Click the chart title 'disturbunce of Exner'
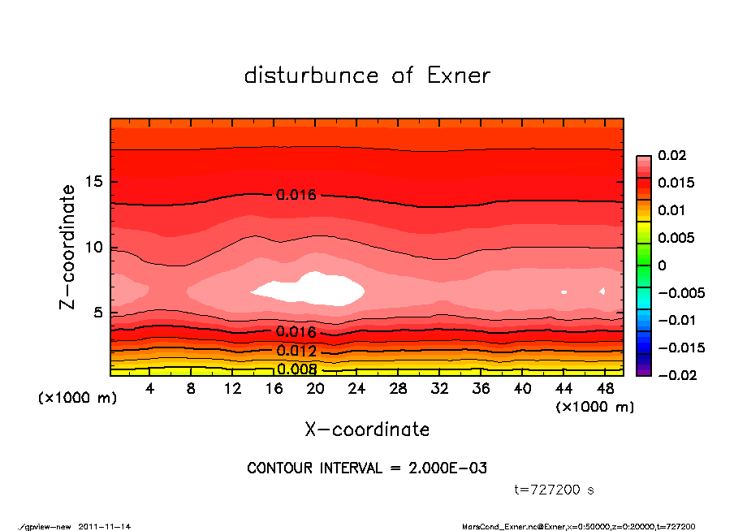pyautogui.click(x=367, y=76)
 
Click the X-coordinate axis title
pyautogui.click(x=367, y=429)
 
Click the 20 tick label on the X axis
pyautogui.click(x=315, y=389)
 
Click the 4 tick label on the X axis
pyautogui.click(x=150, y=389)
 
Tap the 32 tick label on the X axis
pyautogui.click(x=439, y=389)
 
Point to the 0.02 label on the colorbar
pyautogui.click(x=668, y=155)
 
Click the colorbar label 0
pyautogui.click(x=662, y=265)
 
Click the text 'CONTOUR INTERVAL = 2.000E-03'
pyautogui.click(x=367, y=468)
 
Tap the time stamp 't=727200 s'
pyautogui.click(x=555, y=490)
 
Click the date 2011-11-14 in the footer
pyautogui.click(x=105, y=526)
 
